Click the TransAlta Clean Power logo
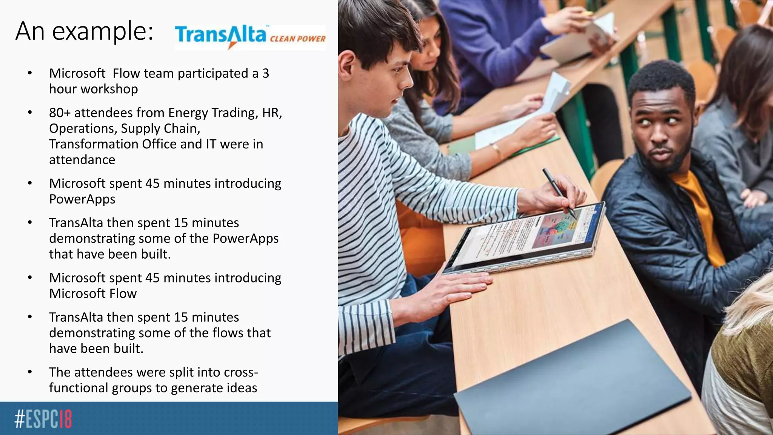pyautogui.click(x=250, y=37)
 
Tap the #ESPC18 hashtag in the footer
pyautogui.click(x=43, y=419)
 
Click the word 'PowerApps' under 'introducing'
pyautogui.click(x=82, y=199)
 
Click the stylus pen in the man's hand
pyautogui.click(x=559, y=193)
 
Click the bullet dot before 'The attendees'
pyautogui.click(x=30, y=372)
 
